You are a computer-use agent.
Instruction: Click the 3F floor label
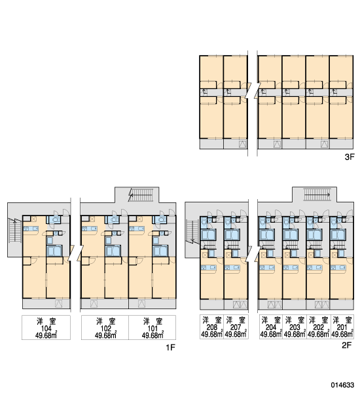pyautogui.click(x=350, y=157)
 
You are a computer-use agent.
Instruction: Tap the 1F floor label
pyautogui.click(x=170, y=347)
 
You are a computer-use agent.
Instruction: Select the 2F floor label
pyautogui.click(x=347, y=345)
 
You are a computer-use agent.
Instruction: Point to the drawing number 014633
pyautogui.click(x=343, y=384)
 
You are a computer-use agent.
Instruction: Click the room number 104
pyautogui.click(x=46, y=328)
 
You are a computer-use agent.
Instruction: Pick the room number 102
pyautogui.click(x=106, y=328)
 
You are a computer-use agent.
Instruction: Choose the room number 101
pyautogui.click(x=153, y=328)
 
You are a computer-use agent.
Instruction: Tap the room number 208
pyautogui.click(x=211, y=327)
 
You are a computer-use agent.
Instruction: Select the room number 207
pyautogui.click(x=236, y=327)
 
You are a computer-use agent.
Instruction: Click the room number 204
pyautogui.click(x=271, y=327)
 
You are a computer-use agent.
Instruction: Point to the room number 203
pyautogui.click(x=295, y=327)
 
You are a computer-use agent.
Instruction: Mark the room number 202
pyautogui.click(x=318, y=327)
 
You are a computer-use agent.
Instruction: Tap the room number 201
pyautogui.click(x=342, y=327)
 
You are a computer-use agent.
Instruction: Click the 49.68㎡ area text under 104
pyautogui.click(x=46, y=335)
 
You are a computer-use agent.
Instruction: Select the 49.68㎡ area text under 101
pyautogui.click(x=153, y=335)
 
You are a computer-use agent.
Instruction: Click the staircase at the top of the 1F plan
pyautogui.click(x=141, y=195)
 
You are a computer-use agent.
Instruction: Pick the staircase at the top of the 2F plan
pyautogui.click(x=317, y=195)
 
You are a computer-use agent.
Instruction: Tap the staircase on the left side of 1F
pyautogui.click(x=15, y=231)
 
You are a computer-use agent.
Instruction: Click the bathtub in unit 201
pyautogui.click(x=338, y=235)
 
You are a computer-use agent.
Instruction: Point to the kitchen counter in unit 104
pyautogui.click(x=31, y=229)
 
